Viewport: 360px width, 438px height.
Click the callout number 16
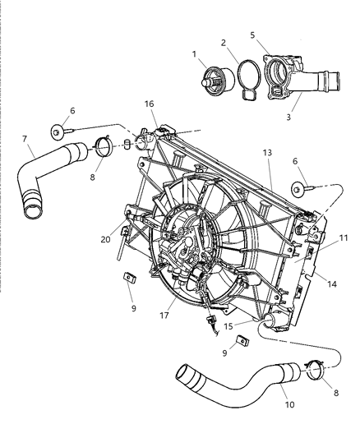[x=150, y=105]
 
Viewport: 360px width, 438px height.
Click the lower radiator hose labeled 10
[x=238, y=379]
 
